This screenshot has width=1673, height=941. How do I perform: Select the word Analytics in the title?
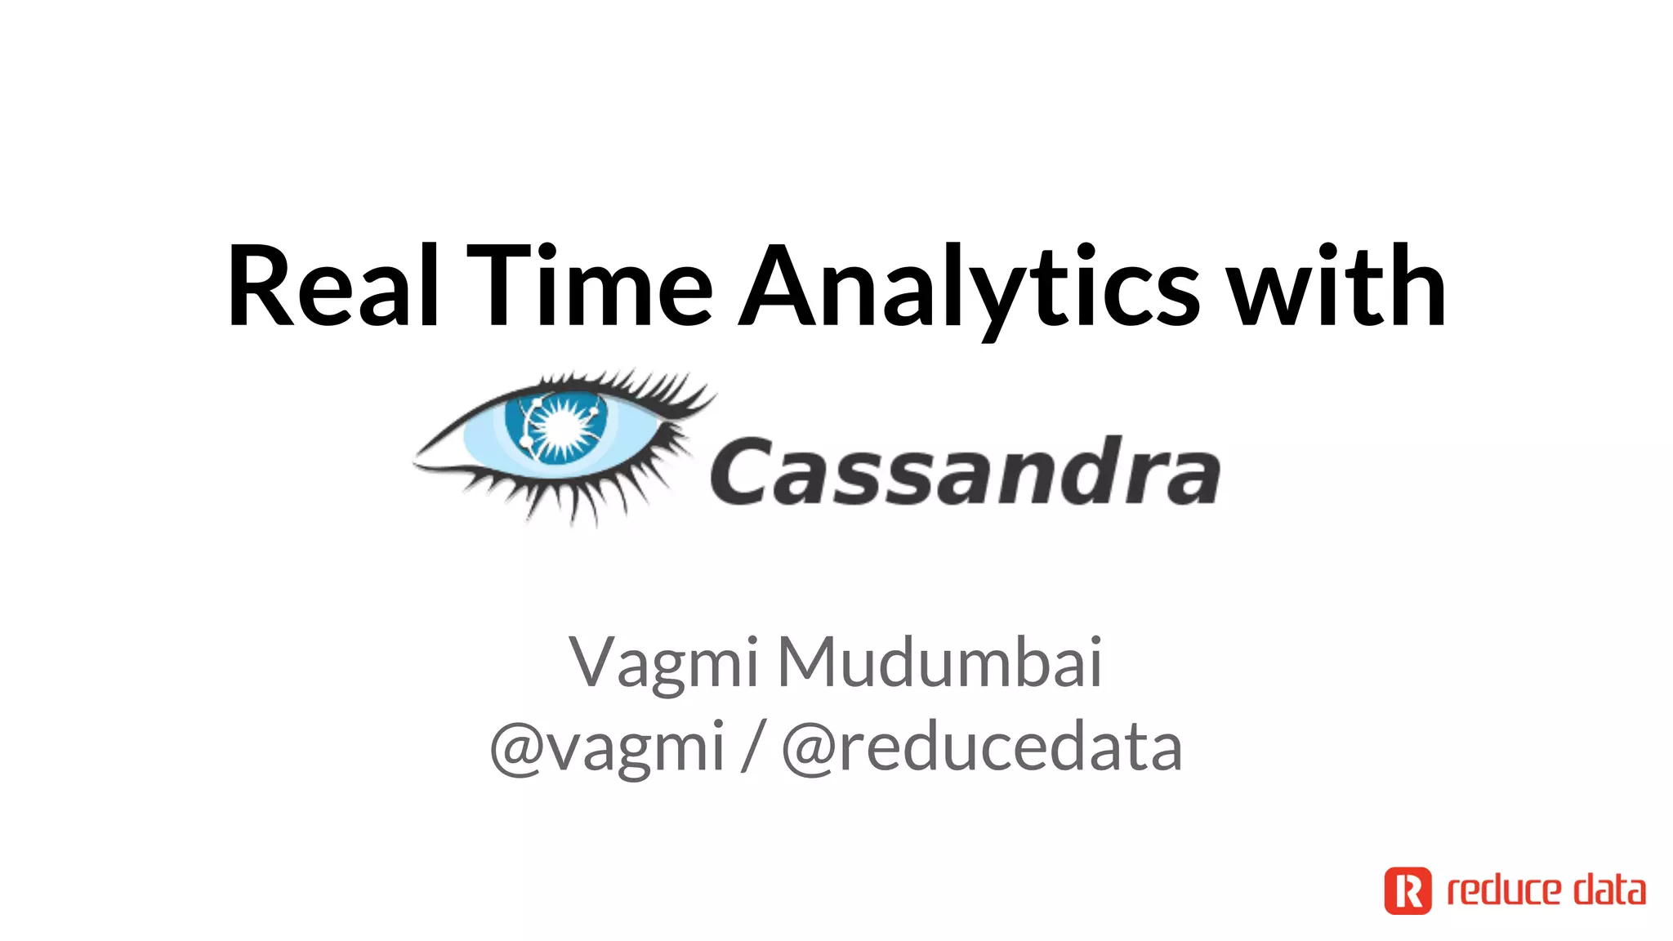[969, 288]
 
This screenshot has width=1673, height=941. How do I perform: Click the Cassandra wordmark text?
[965, 471]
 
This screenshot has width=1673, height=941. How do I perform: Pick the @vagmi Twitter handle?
[607, 747]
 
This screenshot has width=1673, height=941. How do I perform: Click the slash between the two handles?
[752, 747]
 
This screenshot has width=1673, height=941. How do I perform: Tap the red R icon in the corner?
[1408, 890]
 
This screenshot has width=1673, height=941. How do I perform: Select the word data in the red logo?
[1610, 890]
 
